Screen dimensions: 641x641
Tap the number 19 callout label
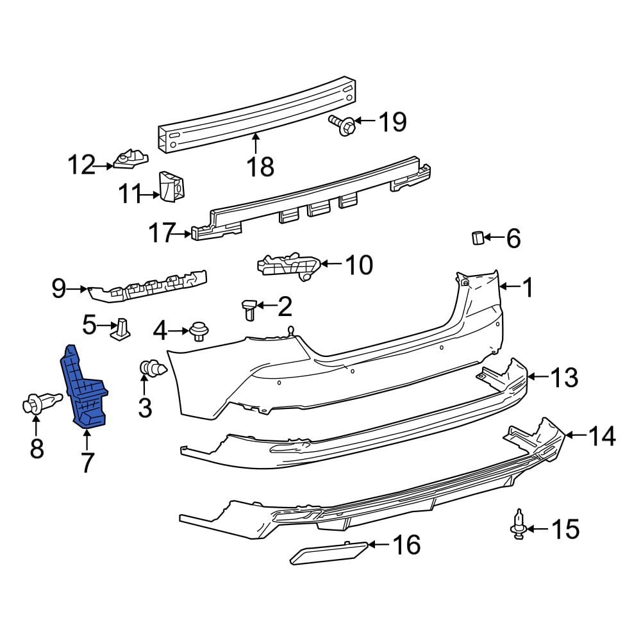[391, 121]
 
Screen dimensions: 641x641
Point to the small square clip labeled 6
[476, 238]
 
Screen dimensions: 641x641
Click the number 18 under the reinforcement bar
[260, 167]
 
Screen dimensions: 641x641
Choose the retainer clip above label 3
[151, 369]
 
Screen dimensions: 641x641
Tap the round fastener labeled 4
[199, 331]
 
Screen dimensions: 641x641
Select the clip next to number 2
[249, 308]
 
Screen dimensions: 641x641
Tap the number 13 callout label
[564, 378]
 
